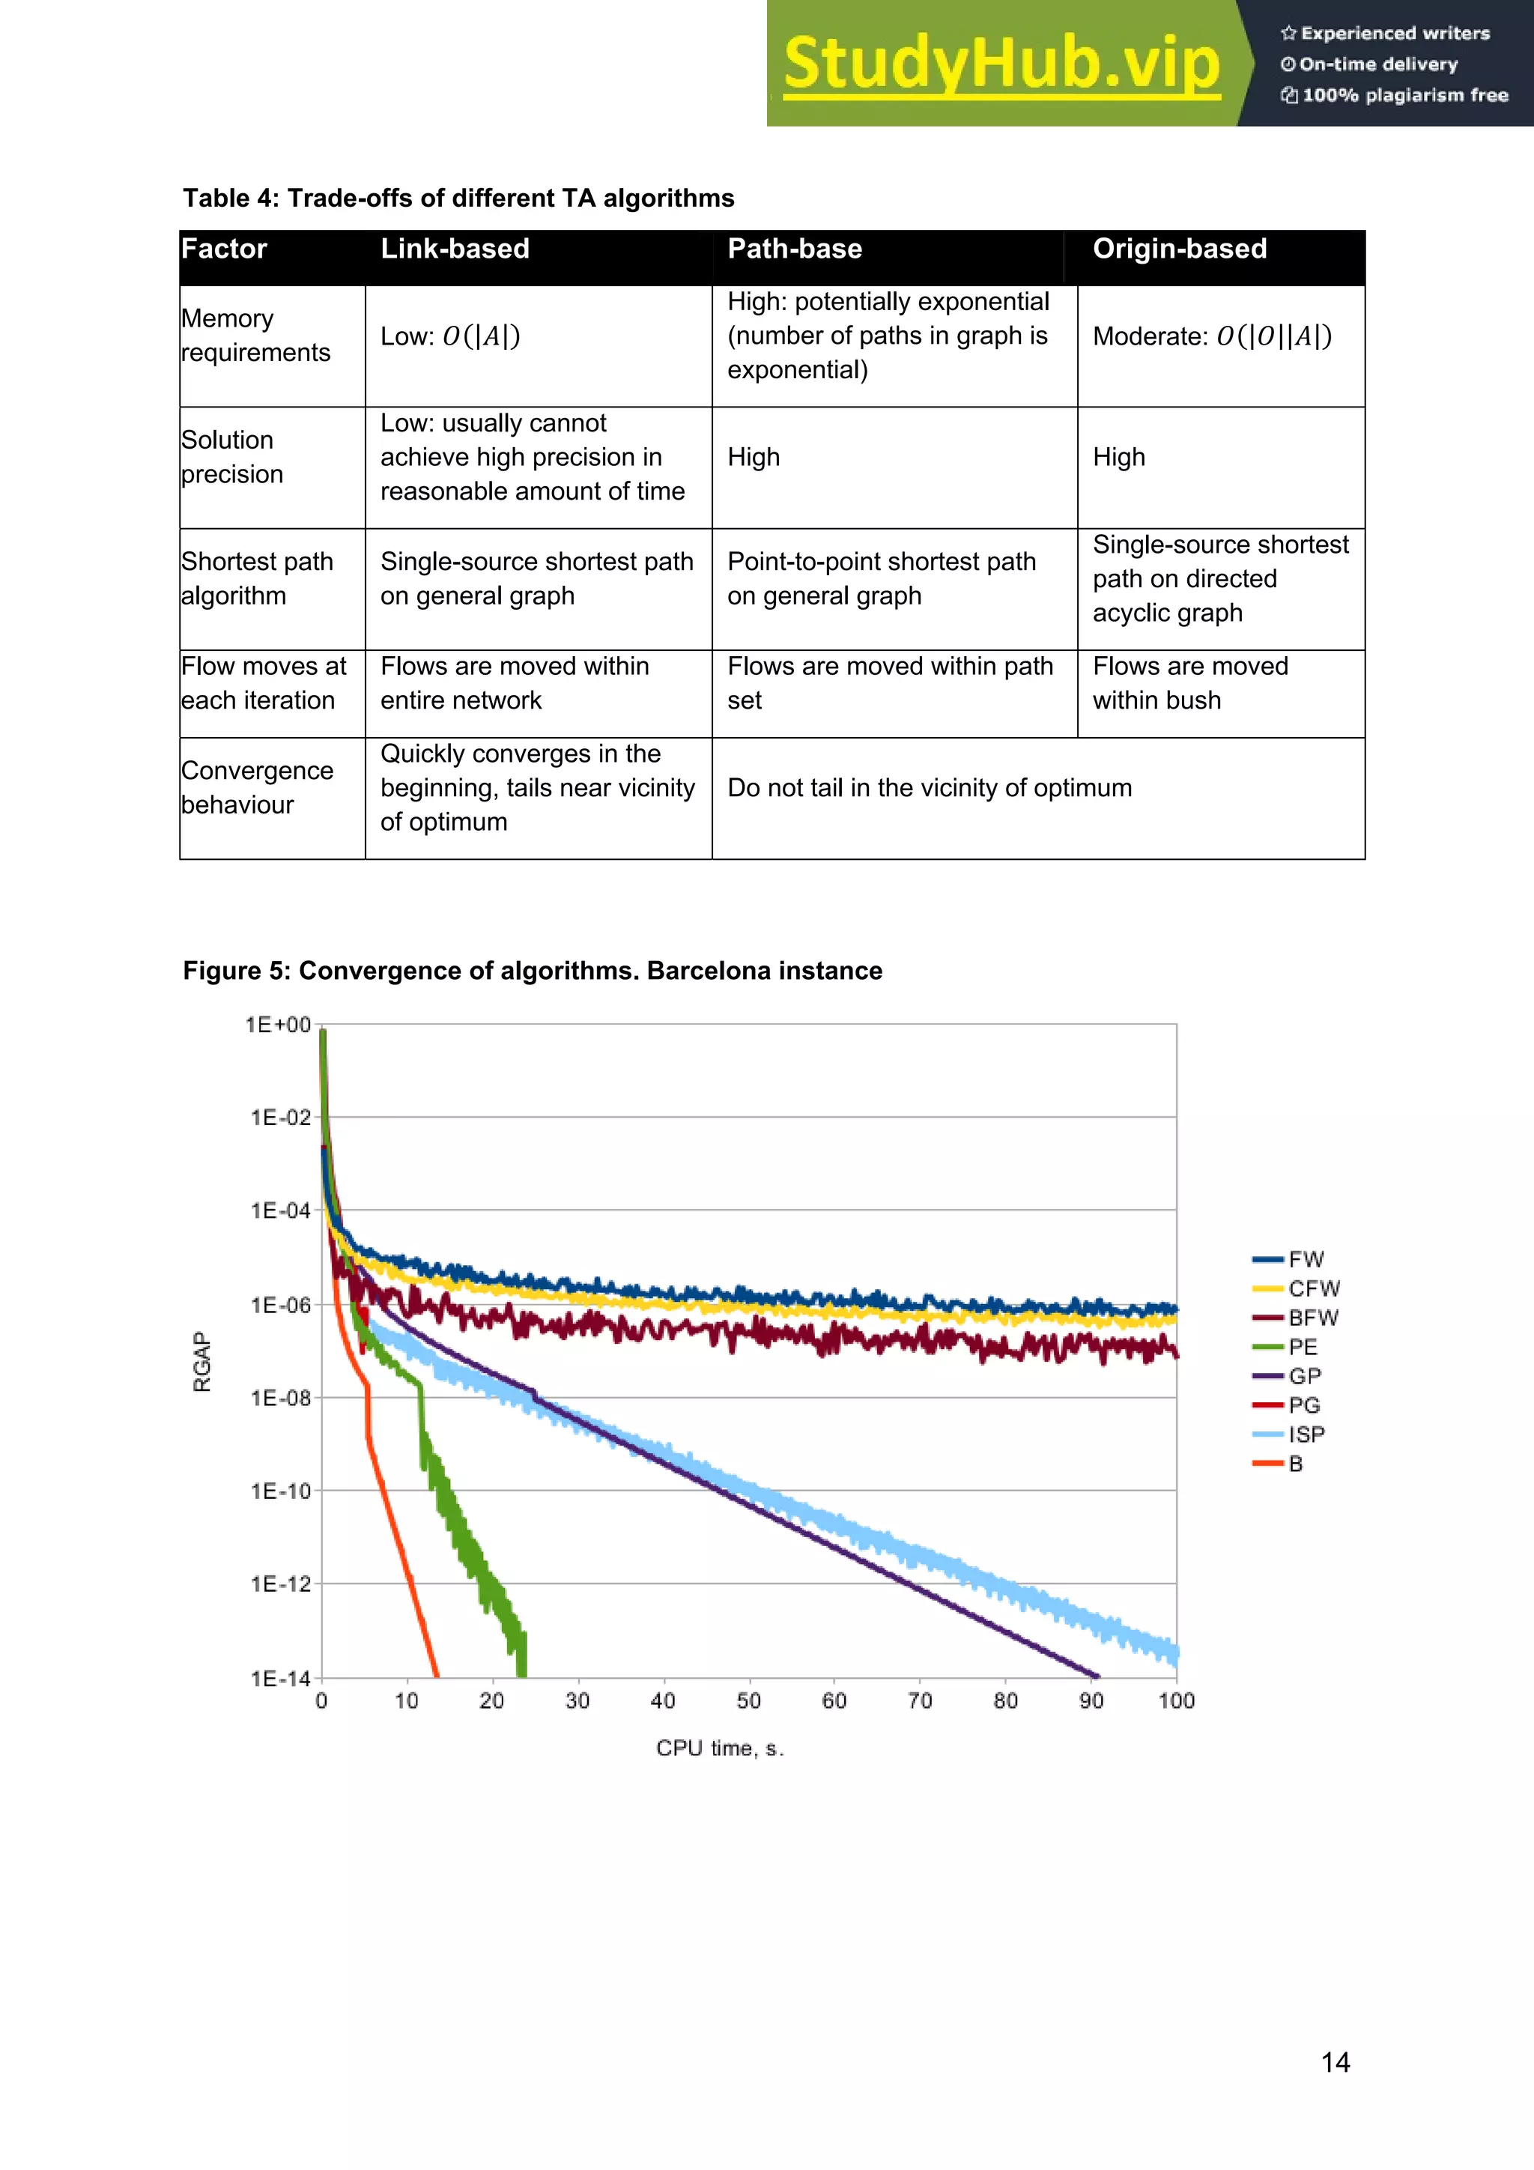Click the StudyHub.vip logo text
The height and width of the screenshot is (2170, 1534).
coord(1002,64)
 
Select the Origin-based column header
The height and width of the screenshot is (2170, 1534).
coord(1180,249)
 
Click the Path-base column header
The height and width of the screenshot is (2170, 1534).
coord(794,249)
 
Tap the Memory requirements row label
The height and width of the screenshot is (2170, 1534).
coord(256,336)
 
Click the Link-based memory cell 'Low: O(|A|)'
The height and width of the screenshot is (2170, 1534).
coord(450,336)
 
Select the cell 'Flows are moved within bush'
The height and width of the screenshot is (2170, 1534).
coord(1190,683)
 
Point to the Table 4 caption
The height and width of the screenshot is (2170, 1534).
coord(458,198)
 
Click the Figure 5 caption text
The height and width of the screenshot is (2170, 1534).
coord(532,971)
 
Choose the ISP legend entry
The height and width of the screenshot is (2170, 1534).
coord(1306,1434)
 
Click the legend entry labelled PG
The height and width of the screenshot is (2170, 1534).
coord(1303,1405)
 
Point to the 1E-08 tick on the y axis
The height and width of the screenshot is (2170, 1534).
coord(281,1398)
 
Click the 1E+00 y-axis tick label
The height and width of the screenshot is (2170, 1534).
coord(278,1025)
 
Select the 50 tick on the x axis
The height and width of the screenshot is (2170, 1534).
coord(748,1701)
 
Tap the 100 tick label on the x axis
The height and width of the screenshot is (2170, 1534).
coord(1176,1701)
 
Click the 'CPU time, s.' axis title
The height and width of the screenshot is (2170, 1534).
coord(721,1748)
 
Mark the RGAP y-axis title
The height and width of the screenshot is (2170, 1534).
coord(202,1361)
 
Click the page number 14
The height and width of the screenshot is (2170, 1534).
coord(1335,2062)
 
